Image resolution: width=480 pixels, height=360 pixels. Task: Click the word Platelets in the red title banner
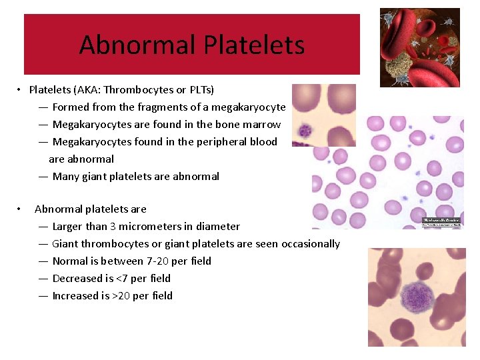254,45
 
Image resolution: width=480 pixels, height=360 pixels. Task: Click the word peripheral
217,141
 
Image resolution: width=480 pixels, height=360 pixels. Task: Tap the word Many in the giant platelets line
65,176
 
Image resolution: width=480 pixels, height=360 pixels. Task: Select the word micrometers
153,226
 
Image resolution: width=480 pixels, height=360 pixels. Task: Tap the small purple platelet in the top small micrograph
306,130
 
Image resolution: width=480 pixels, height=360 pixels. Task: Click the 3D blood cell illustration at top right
419,47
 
